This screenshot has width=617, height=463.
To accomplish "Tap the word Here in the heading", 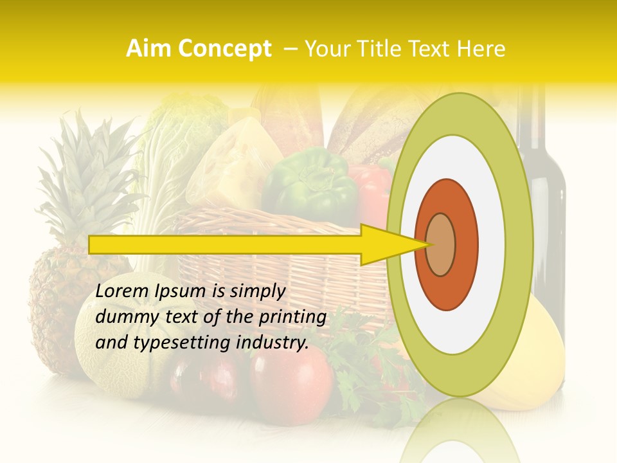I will tap(481, 49).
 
